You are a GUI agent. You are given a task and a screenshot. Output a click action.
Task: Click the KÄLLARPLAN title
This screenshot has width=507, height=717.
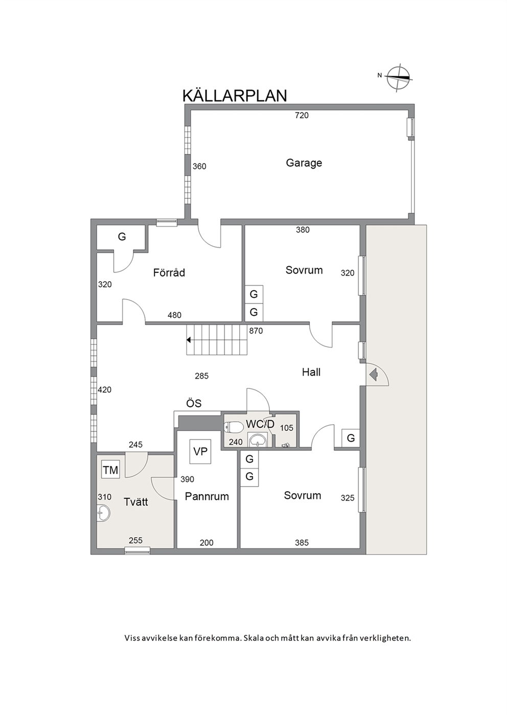(x=235, y=95)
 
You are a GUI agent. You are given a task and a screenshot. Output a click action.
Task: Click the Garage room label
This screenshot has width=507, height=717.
(x=304, y=163)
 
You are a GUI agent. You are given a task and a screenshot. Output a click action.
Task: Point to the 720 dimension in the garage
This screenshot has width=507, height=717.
(x=302, y=115)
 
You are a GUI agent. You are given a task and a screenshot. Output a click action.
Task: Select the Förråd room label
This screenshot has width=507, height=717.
(x=169, y=272)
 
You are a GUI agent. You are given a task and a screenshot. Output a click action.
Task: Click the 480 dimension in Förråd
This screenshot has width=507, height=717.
(x=174, y=315)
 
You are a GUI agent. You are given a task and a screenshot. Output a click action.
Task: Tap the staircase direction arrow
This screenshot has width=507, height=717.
(x=189, y=340)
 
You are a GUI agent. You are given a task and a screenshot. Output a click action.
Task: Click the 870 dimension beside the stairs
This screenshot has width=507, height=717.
(x=256, y=331)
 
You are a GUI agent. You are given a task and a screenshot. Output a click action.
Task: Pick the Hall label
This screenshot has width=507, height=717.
(x=311, y=372)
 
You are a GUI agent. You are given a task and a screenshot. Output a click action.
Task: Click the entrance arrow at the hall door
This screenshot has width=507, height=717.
(x=373, y=374)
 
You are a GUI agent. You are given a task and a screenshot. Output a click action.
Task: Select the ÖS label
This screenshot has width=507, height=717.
(x=194, y=403)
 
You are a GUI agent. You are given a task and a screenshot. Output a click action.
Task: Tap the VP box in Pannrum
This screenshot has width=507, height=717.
(x=200, y=451)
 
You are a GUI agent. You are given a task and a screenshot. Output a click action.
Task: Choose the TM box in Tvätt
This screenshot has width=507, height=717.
(x=110, y=470)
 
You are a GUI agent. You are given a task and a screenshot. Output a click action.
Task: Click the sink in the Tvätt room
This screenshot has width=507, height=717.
(x=103, y=514)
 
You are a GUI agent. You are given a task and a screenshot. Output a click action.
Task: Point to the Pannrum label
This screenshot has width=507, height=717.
(x=207, y=496)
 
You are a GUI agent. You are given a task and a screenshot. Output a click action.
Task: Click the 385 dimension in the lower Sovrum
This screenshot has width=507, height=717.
(x=302, y=543)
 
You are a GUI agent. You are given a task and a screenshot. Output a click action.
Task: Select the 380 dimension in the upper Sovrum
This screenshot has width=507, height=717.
(x=303, y=230)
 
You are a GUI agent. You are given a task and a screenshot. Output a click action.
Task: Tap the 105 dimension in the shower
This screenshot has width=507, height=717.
(x=287, y=428)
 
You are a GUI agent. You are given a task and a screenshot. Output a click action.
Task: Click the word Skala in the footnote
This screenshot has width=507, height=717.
(x=253, y=638)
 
